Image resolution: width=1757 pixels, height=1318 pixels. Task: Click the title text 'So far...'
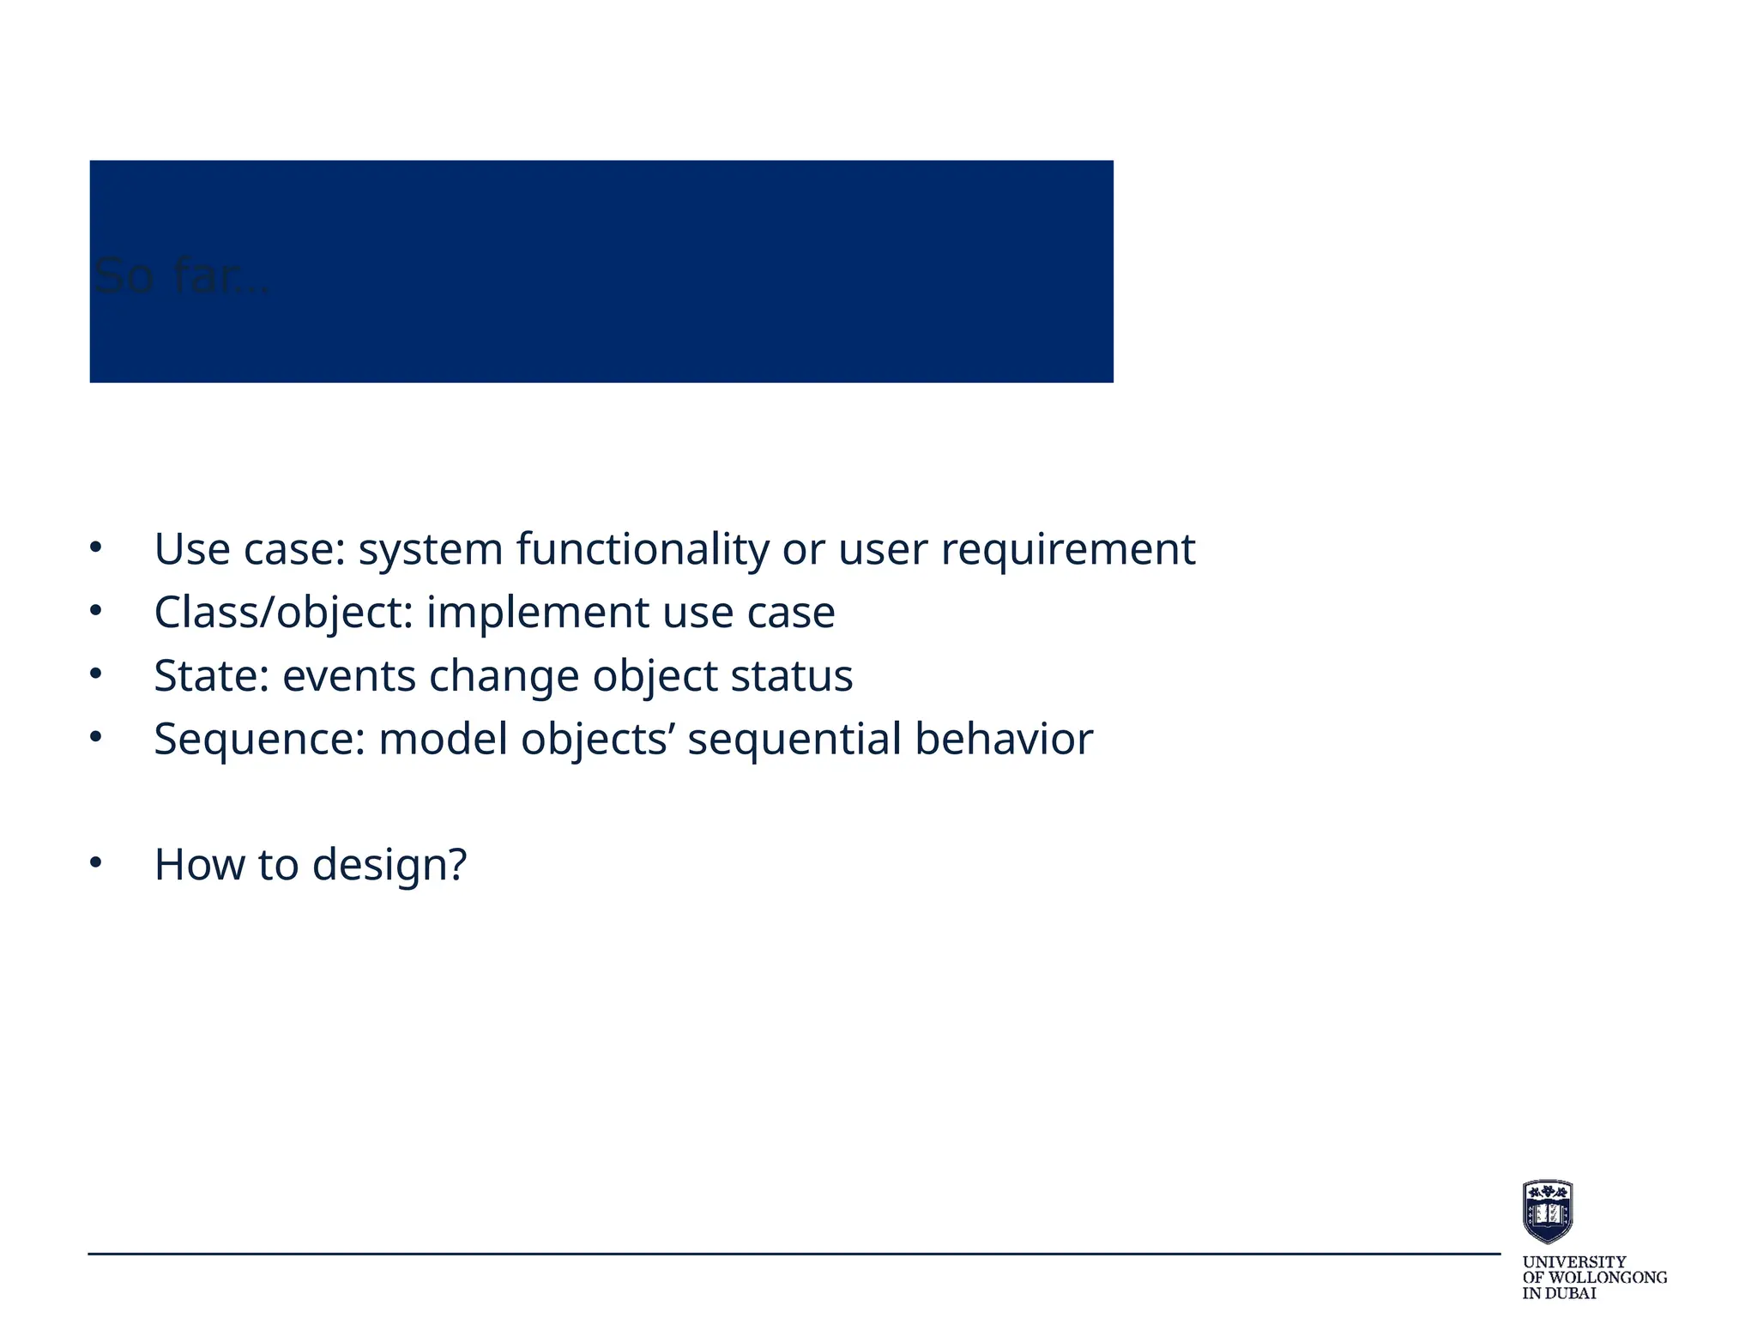point(182,276)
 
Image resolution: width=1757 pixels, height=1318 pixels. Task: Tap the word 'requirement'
point(1067,549)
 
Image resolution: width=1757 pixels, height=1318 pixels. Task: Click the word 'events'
point(349,675)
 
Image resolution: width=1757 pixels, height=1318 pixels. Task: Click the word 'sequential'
point(794,739)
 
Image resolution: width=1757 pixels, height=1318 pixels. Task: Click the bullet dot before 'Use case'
point(95,547)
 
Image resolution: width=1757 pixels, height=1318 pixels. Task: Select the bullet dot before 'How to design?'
point(95,863)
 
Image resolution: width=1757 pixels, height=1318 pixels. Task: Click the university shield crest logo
point(1547,1211)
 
